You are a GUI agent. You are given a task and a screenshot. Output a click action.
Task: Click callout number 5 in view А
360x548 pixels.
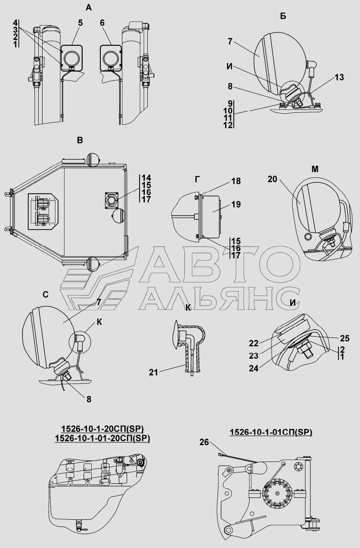[81, 23]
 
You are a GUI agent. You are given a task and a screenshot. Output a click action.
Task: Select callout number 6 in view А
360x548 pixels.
[102, 23]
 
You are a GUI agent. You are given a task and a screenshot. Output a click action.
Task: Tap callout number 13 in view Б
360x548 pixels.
[339, 77]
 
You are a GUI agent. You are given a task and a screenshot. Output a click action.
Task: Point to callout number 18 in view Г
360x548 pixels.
[236, 181]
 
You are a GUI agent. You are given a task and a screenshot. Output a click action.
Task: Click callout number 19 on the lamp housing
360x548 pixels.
[236, 204]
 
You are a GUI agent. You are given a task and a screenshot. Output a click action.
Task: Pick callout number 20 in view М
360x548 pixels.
[273, 179]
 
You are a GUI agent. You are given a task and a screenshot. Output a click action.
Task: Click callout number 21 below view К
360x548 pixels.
[153, 373]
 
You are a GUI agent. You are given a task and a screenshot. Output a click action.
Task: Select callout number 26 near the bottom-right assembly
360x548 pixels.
[204, 442]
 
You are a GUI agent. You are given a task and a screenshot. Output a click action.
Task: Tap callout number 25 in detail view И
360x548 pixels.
[345, 338]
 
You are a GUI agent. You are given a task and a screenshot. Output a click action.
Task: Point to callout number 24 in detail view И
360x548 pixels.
[254, 368]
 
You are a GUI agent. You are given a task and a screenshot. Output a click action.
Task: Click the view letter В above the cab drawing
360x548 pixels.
[80, 141]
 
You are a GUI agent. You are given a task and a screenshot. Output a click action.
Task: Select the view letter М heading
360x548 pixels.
[315, 169]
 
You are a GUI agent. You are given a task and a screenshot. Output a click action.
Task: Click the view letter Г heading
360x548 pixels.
[197, 180]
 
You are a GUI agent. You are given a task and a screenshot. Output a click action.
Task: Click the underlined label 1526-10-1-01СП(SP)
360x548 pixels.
[271, 432]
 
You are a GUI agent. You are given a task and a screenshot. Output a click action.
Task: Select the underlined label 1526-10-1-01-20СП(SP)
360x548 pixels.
[102, 438]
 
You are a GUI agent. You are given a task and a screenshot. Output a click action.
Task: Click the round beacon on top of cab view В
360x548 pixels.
[93, 159]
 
